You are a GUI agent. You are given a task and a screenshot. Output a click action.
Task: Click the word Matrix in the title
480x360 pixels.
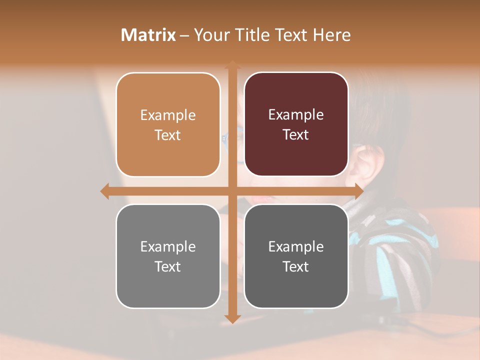(x=148, y=35)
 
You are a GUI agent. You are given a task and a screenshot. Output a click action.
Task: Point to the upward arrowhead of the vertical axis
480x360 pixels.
(x=232, y=65)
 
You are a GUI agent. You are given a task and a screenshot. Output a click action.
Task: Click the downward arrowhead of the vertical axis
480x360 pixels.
(x=232, y=318)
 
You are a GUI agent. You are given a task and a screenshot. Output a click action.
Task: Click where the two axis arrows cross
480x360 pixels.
(x=232, y=191)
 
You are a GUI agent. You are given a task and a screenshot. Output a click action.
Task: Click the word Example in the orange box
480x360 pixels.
(x=168, y=115)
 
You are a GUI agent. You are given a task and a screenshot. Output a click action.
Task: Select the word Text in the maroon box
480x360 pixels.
(x=296, y=135)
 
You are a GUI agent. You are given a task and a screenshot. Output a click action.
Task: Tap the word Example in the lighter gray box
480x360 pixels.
(x=168, y=247)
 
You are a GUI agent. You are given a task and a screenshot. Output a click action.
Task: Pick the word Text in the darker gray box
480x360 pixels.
(x=296, y=267)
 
